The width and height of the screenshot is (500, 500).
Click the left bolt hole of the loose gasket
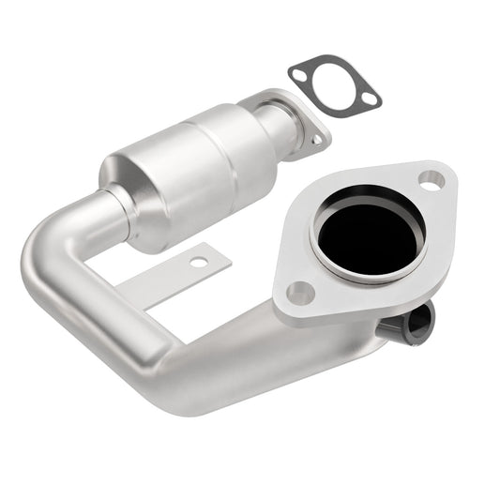point(300,72)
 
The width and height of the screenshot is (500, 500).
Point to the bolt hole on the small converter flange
point(316,138)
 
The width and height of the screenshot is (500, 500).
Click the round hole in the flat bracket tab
point(197,262)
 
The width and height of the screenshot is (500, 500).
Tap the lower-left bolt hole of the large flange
point(299,292)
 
